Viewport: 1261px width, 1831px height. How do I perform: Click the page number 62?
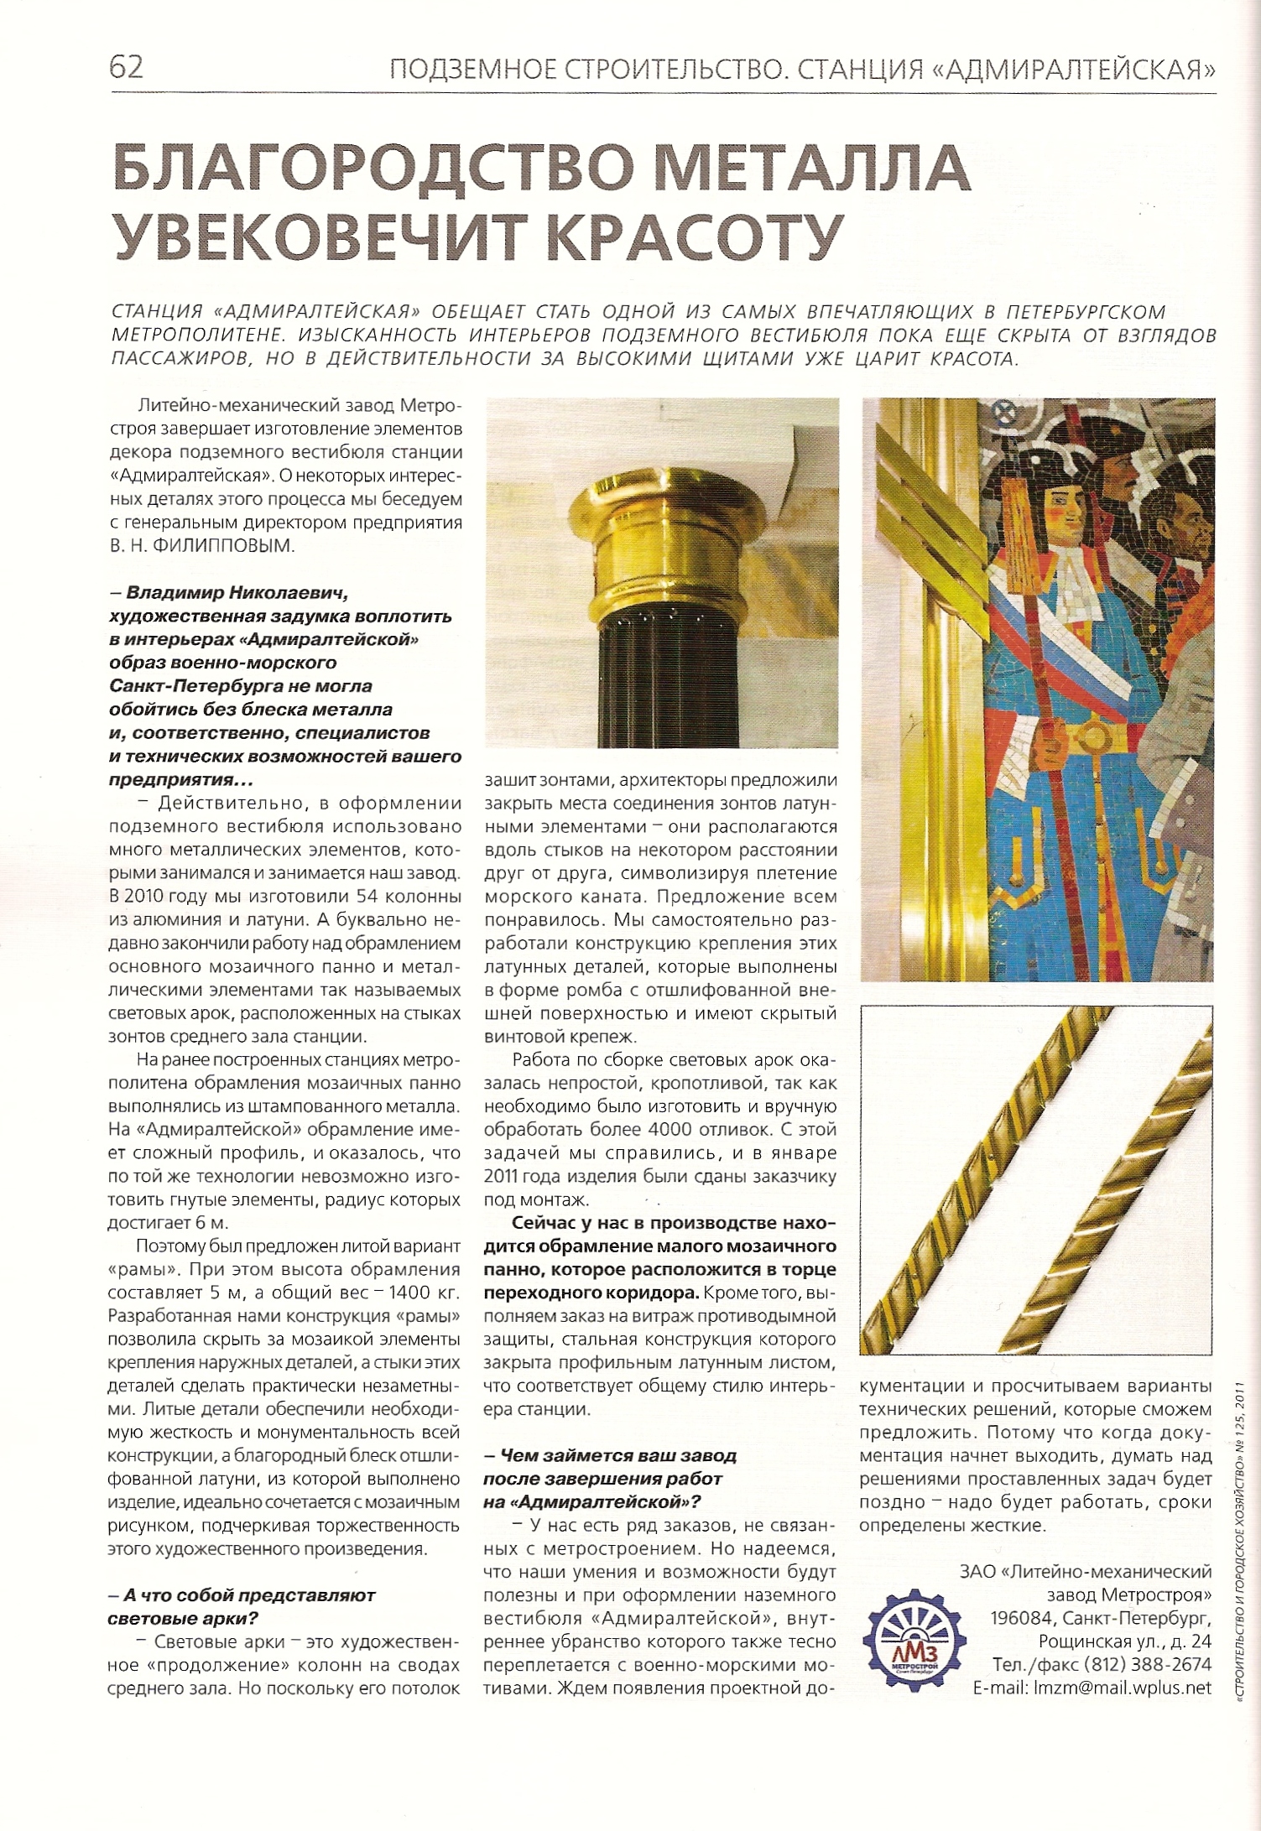(127, 67)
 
